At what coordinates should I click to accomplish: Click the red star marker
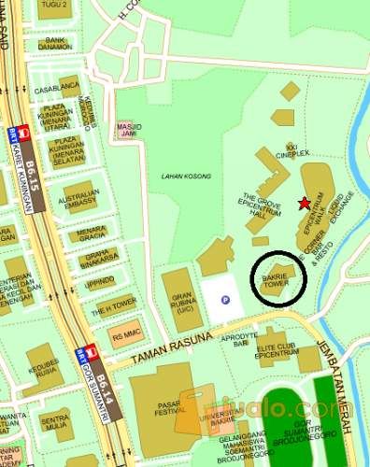coord(302,203)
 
